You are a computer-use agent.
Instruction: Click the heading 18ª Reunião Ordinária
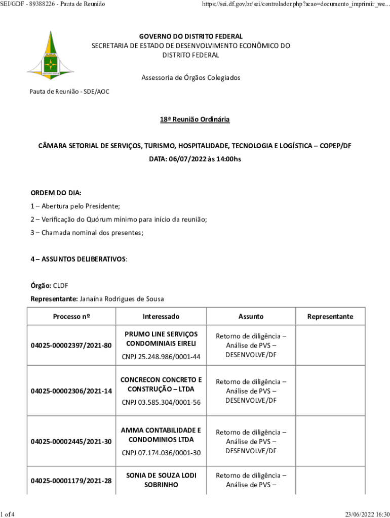[x=195, y=119]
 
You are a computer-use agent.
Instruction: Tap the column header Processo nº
[x=71, y=317]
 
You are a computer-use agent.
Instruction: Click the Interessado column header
[x=161, y=317]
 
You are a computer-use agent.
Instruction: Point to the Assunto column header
[x=251, y=317]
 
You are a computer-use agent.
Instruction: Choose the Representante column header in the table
[x=330, y=317]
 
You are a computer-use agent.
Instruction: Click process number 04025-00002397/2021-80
[x=71, y=346]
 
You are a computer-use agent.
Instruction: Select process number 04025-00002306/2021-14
[x=71, y=391]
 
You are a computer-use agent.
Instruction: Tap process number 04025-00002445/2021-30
[x=71, y=442]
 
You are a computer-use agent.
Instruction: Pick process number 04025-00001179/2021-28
[x=71, y=481]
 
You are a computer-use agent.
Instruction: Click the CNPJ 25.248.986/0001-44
[x=161, y=357]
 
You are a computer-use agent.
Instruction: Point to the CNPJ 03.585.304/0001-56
[x=161, y=403]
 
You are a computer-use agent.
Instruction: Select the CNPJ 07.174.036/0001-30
[x=161, y=453]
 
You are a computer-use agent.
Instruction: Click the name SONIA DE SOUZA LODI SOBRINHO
[x=161, y=480]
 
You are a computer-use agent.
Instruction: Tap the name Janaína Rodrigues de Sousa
[x=121, y=299]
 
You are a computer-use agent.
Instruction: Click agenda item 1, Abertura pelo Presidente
[x=75, y=206]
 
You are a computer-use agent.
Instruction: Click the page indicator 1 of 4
[x=8, y=514]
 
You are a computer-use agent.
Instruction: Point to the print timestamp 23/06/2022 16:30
[x=367, y=514]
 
